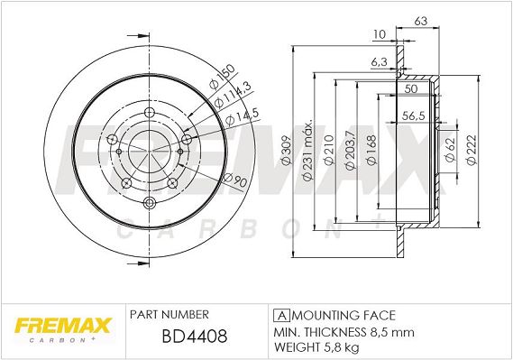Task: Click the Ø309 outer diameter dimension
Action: tap(287, 151)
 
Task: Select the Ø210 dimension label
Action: tap(329, 149)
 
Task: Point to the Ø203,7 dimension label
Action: tap(350, 150)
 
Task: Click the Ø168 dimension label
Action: tap(371, 150)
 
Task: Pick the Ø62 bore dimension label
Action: tap(450, 150)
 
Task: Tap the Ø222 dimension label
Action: tap(472, 150)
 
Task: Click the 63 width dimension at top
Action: tap(421, 22)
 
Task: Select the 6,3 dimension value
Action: tap(380, 62)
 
